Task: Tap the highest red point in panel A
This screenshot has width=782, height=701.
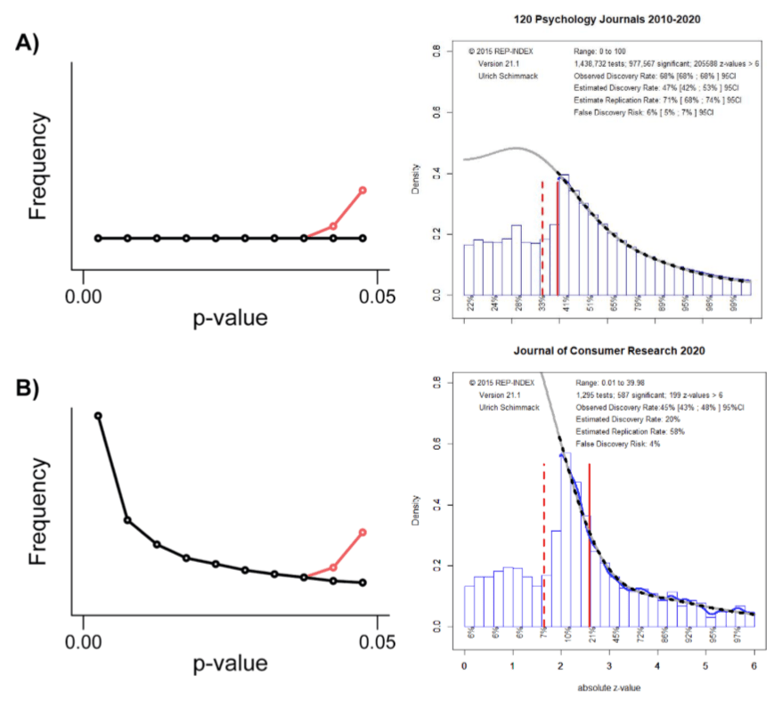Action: tap(362, 190)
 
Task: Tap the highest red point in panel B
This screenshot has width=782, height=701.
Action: tap(362, 532)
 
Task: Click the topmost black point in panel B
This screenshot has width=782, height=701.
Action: tap(98, 415)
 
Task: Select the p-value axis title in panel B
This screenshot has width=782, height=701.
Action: tap(230, 664)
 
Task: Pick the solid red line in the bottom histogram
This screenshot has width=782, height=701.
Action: tap(590, 543)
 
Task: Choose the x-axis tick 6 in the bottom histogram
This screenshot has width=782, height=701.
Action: tap(753, 664)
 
